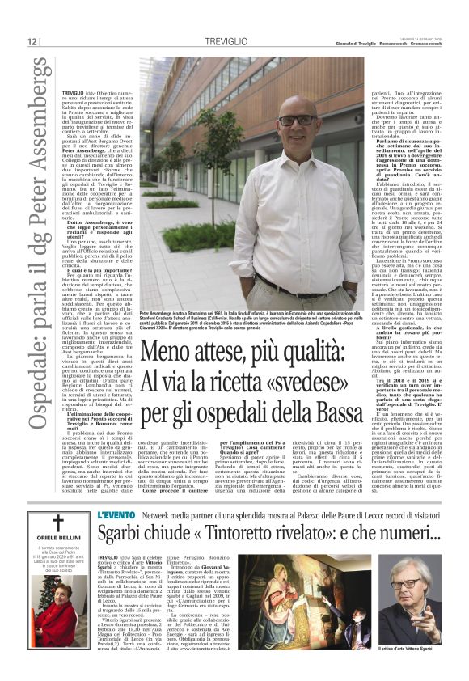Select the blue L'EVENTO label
112,493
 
